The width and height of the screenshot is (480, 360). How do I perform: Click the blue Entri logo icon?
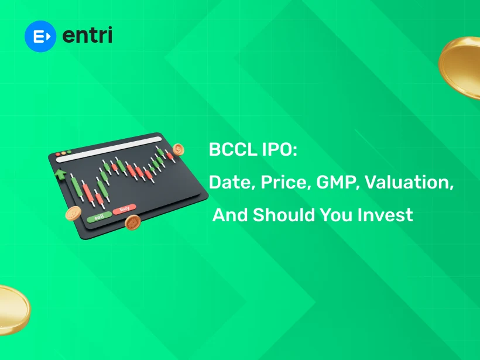tap(40, 36)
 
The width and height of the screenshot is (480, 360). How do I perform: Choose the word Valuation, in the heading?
tap(409, 183)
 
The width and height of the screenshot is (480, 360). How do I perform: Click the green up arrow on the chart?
tap(59, 174)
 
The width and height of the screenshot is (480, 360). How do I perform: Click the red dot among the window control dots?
tap(57, 156)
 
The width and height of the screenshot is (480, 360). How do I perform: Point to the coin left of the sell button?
tap(73, 214)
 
